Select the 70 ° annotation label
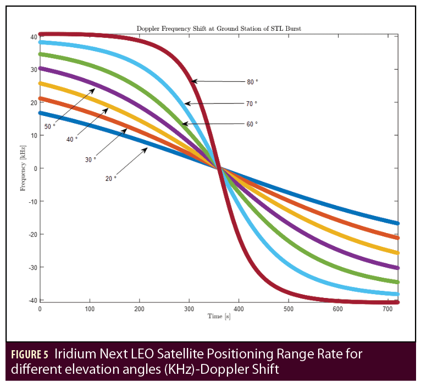tap(251, 103)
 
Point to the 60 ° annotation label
tap(251, 124)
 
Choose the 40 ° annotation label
tap(72, 140)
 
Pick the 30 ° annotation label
tap(91, 159)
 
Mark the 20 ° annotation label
tap(111, 179)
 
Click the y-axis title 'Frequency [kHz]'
tap(23, 168)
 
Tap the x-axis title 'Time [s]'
tap(218, 317)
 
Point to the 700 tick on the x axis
tap(387, 309)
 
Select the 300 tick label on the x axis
tap(189, 309)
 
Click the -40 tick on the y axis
tap(32, 300)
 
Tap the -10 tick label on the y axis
tap(32, 201)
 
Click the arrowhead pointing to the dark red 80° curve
tap(193, 81)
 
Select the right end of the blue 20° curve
tap(397, 223)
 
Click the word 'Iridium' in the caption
tap(73, 353)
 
